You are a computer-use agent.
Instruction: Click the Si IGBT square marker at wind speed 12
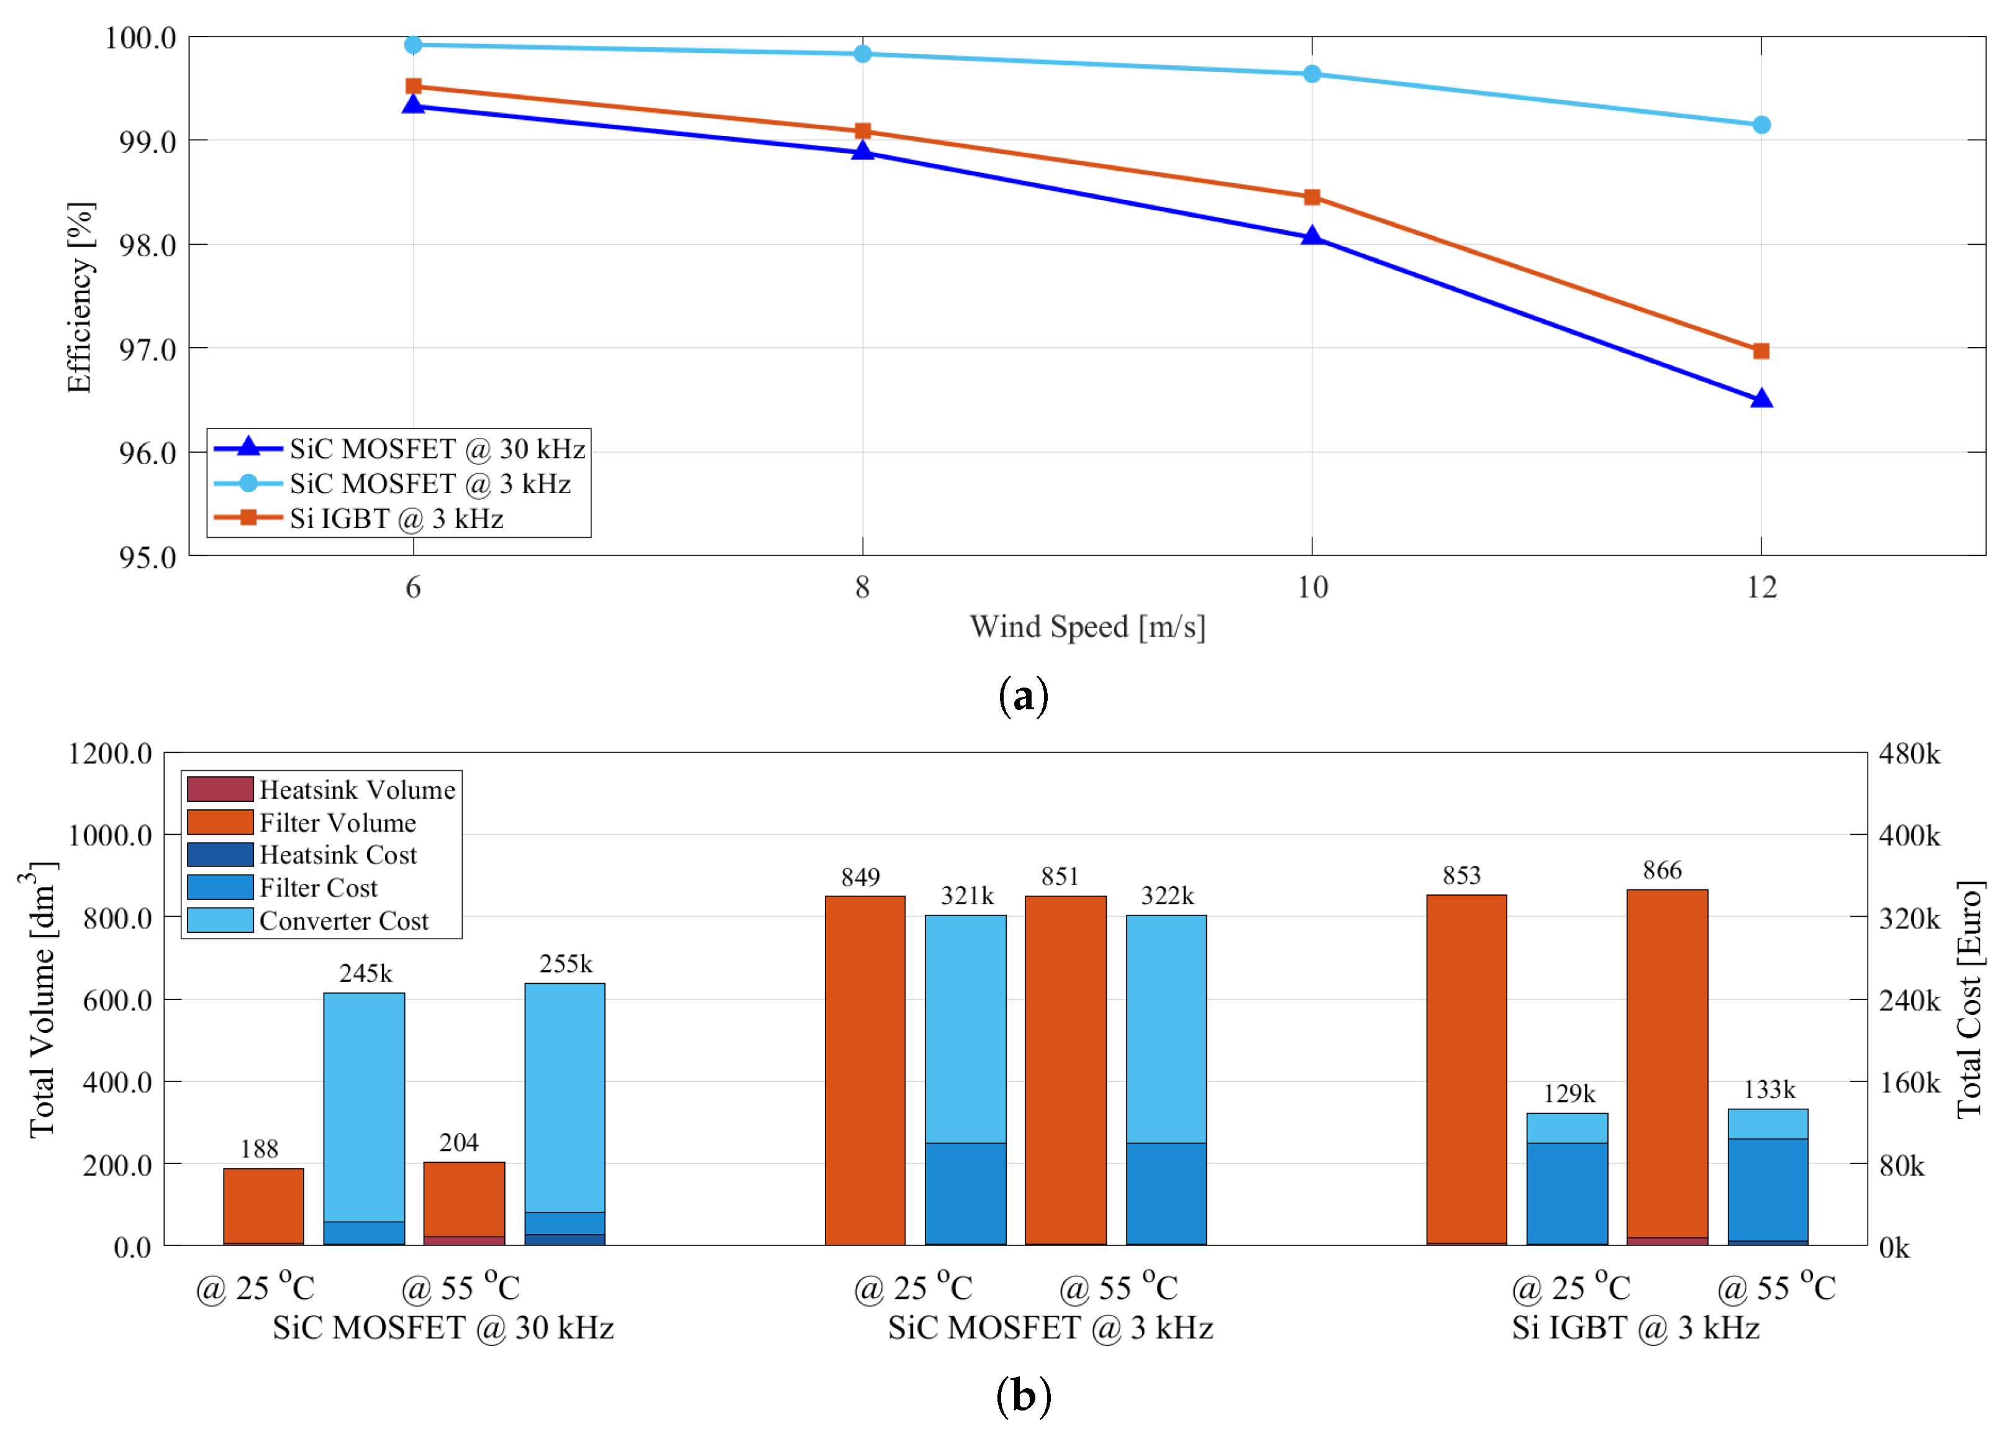tap(1761, 351)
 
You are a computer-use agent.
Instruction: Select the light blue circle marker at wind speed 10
tap(1311, 74)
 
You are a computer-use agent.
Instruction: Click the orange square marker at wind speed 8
tap(863, 131)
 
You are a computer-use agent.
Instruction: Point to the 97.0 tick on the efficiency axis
tap(147, 350)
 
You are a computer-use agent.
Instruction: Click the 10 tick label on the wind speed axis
tap(1311, 587)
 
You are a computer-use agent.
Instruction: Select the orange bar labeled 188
tap(263, 1206)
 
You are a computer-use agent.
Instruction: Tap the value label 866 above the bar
tap(1662, 871)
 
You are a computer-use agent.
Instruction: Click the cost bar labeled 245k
tap(364, 1117)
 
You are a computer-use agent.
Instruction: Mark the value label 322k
tap(1166, 896)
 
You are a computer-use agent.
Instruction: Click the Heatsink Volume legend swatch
tap(220, 789)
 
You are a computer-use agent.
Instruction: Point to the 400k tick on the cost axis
tap(1909, 835)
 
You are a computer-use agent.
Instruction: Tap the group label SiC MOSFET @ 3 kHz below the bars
tap(1050, 1328)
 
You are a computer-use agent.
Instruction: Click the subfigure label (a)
tap(1023, 697)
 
